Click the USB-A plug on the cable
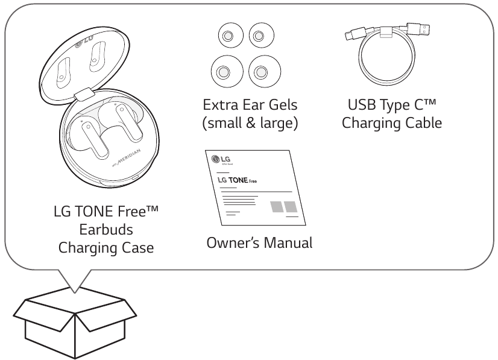418,29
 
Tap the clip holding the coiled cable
386,33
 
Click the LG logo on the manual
221,159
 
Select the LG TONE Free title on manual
237,180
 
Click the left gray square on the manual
277,207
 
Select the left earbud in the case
87,137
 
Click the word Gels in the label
283,105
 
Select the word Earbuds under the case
106,229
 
